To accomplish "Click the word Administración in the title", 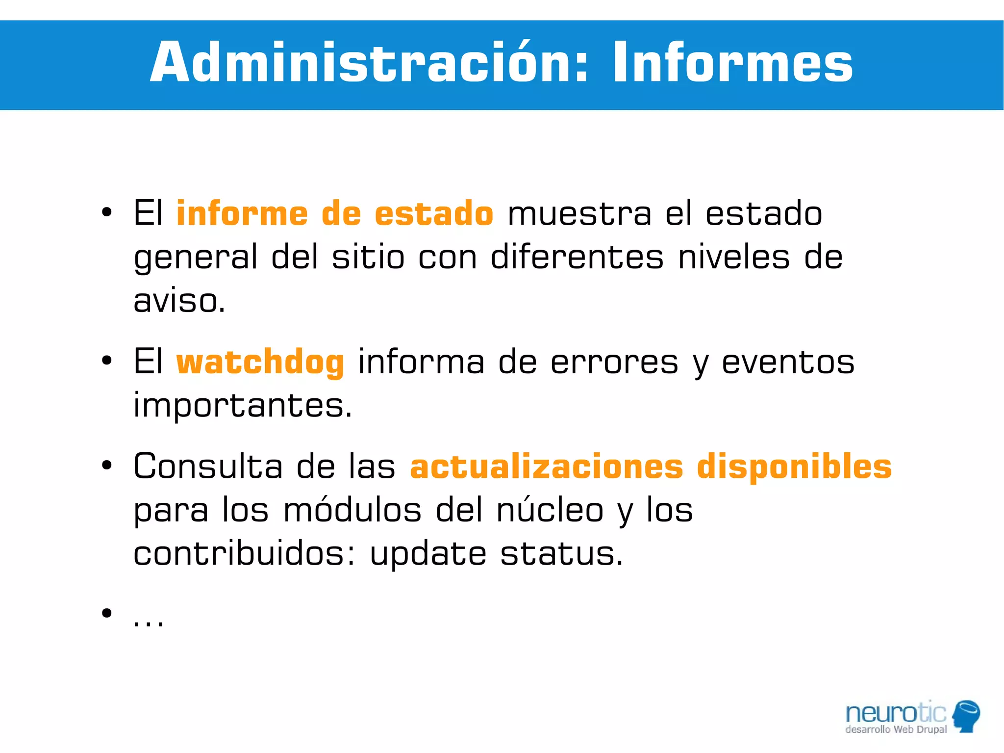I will pos(368,63).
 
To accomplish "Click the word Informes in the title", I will pos(733,63).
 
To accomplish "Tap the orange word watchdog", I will pos(260,363).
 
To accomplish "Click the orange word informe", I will pos(242,214).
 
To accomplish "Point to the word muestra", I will pos(579,214).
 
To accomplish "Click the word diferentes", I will pos(577,257).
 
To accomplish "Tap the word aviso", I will pos(178,301).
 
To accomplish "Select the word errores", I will pos(614,363).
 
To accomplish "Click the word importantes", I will pos(243,406).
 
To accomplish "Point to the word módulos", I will pos(352,510).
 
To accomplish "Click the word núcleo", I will pos(550,510).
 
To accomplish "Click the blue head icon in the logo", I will pos(966,716).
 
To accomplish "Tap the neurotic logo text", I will pos(895,712).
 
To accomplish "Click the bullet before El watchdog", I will pos(106,362).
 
